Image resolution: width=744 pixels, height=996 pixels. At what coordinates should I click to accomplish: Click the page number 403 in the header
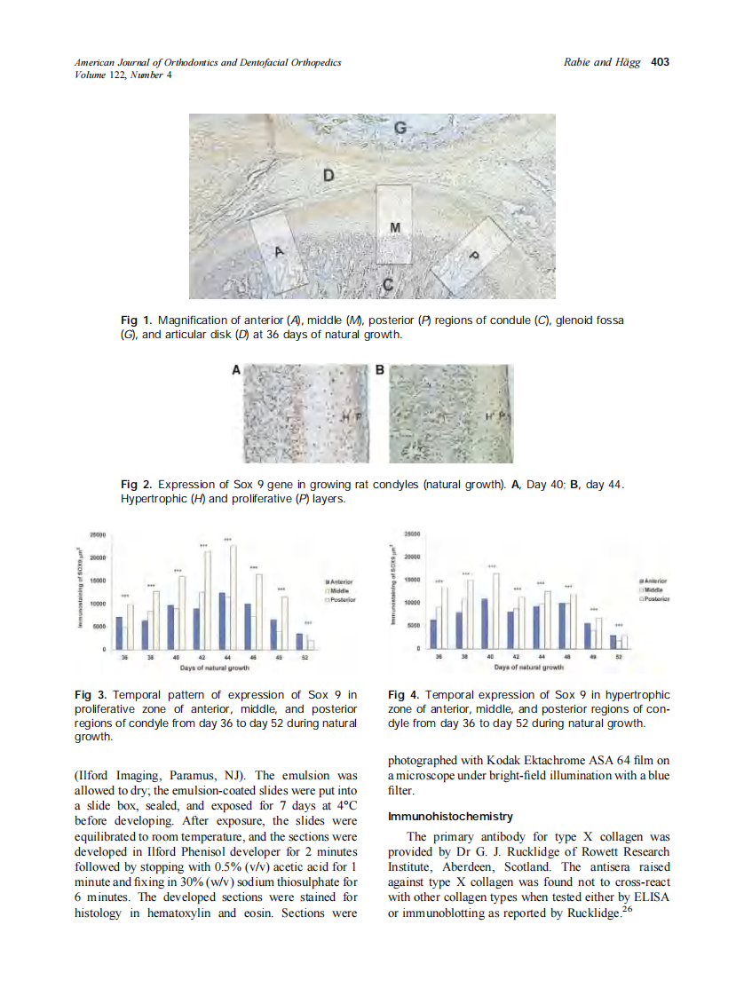coord(660,62)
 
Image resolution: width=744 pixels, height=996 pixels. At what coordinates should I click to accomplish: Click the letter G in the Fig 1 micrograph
coord(400,128)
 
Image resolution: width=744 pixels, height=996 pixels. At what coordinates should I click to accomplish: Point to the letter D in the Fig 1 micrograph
coord(328,176)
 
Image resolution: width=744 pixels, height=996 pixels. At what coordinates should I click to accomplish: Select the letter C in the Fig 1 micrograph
coord(388,284)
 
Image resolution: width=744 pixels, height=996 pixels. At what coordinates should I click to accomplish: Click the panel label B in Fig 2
coord(379,371)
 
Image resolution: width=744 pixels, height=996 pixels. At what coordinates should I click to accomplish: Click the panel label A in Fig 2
coord(236,371)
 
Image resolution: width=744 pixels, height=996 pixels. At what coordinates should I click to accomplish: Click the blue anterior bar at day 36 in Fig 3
coord(119,633)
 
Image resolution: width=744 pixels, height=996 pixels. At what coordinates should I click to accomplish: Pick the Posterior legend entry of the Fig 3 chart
coord(341,599)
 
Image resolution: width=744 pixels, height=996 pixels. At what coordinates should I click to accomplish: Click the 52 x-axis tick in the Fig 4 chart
coord(619,658)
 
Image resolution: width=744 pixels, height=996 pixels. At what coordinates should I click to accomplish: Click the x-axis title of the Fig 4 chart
coord(529,666)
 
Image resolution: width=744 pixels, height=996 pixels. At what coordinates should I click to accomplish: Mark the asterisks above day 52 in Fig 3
coord(308,623)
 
